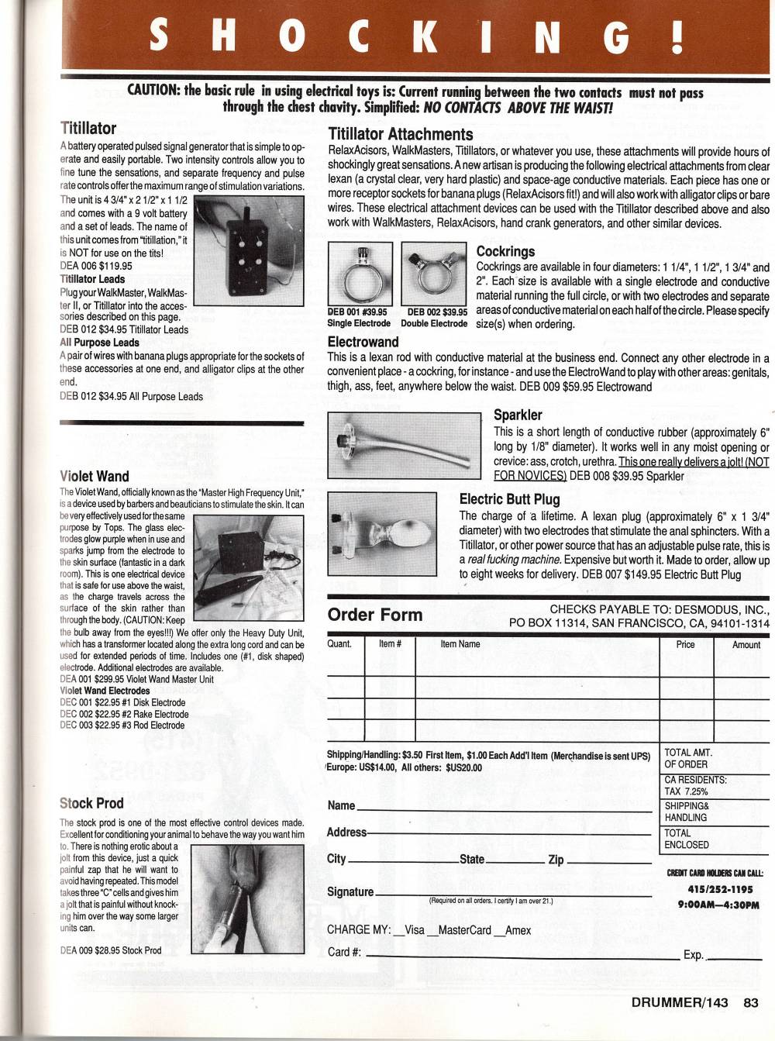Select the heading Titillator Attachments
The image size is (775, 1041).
(400, 134)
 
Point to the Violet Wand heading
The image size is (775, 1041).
(94, 476)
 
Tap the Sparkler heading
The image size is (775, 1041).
(518, 415)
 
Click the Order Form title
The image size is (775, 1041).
(375, 615)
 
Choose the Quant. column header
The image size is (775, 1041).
(339, 644)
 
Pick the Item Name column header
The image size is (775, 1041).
(460, 644)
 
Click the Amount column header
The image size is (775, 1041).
(746, 645)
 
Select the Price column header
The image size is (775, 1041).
(685, 645)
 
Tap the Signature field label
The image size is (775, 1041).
(350, 891)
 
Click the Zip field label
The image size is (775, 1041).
(556, 859)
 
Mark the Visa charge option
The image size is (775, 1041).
(410, 929)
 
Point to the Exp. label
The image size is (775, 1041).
(693, 955)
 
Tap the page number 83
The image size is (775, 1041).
(750, 1002)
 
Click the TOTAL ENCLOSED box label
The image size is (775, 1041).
(687, 839)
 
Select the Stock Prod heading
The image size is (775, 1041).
(91, 803)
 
